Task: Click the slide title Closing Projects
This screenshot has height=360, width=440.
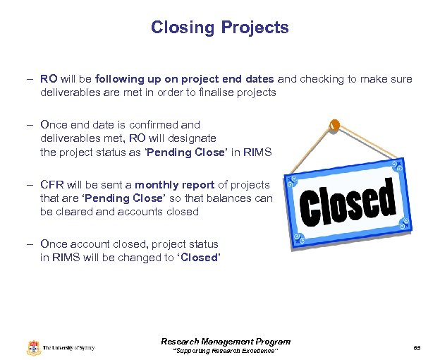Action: pyautogui.click(x=219, y=28)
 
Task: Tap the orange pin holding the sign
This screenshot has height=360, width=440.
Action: pyautogui.click(x=335, y=125)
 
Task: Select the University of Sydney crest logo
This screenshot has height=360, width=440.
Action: pyautogui.click(x=34, y=347)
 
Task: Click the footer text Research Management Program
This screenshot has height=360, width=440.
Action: pyautogui.click(x=226, y=342)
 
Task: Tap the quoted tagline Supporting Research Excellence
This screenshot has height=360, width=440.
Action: pyautogui.click(x=226, y=351)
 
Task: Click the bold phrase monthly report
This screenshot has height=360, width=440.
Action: pyautogui.click(x=175, y=185)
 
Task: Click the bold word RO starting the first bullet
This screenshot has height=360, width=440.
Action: pyautogui.click(x=49, y=79)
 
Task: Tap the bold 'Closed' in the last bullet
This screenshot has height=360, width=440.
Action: pyautogui.click(x=199, y=258)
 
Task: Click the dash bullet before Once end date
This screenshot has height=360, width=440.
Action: pyautogui.click(x=32, y=125)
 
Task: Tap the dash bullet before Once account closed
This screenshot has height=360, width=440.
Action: pyautogui.click(x=32, y=244)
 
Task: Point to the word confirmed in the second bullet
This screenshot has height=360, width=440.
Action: pyautogui.click(x=157, y=125)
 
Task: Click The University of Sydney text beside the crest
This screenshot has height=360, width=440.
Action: pyautogui.click(x=68, y=348)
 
